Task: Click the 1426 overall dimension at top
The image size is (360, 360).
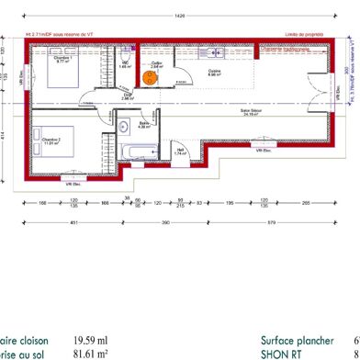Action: click(x=180, y=16)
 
